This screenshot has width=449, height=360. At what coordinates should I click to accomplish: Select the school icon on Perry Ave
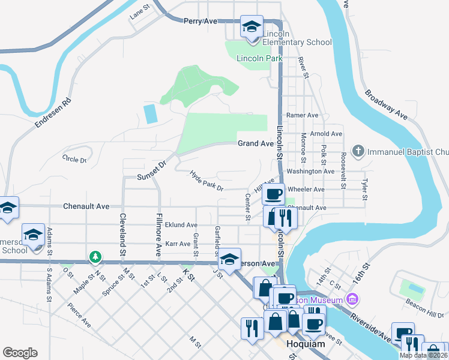click(252, 26)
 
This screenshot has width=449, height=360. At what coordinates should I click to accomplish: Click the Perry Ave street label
click(200, 21)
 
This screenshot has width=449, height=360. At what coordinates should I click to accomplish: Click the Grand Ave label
click(256, 143)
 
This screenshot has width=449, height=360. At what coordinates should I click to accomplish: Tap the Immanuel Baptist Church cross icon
click(358, 151)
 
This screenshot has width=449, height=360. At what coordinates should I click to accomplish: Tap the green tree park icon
click(95, 257)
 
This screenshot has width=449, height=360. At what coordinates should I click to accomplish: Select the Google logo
click(20, 353)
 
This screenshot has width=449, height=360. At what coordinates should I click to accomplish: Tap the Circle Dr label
click(74, 160)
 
